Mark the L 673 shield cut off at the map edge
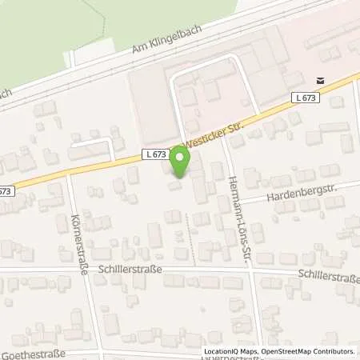[5, 191]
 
